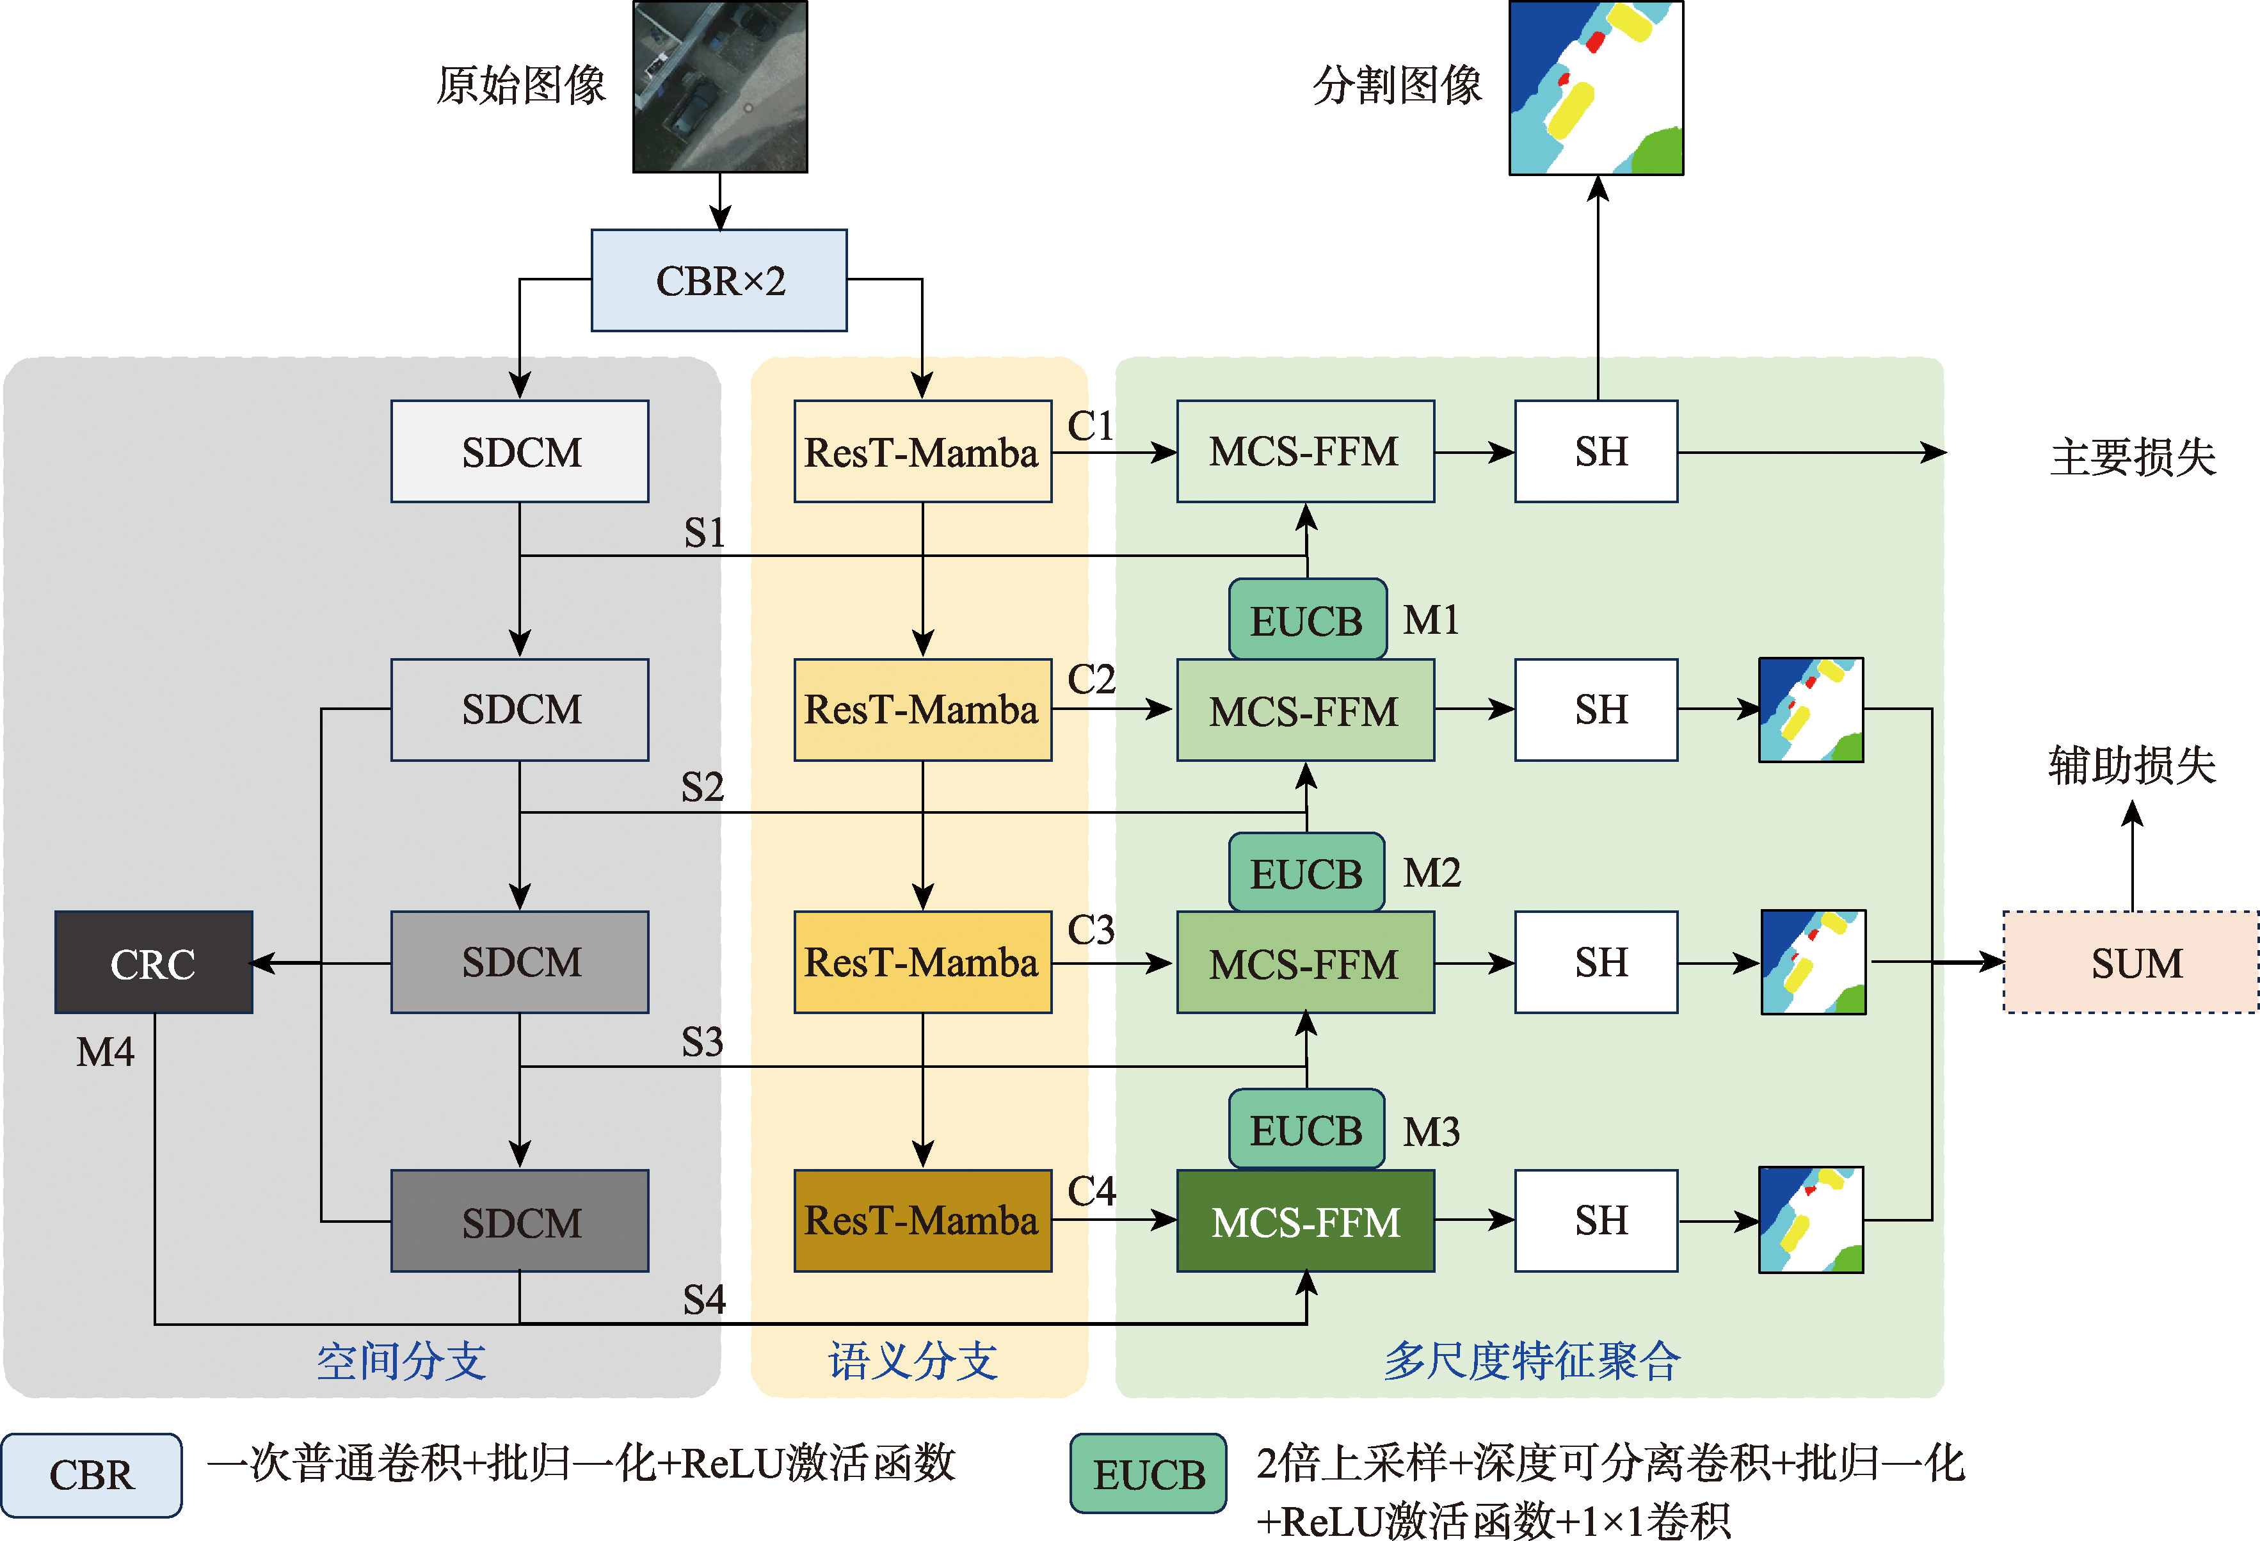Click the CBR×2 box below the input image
point(719,280)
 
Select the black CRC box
point(154,962)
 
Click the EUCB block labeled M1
point(1307,620)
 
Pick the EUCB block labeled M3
point(1306,1129)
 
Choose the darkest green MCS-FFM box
point(1305,1221)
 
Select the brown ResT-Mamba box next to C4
point(922,1221)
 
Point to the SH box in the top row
point(1596,451)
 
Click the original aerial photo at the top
point(719,86)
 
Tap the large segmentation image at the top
point(1596,88)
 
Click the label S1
point(704,533)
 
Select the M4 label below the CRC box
point(105,1052)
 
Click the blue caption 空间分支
point(401,1360)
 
